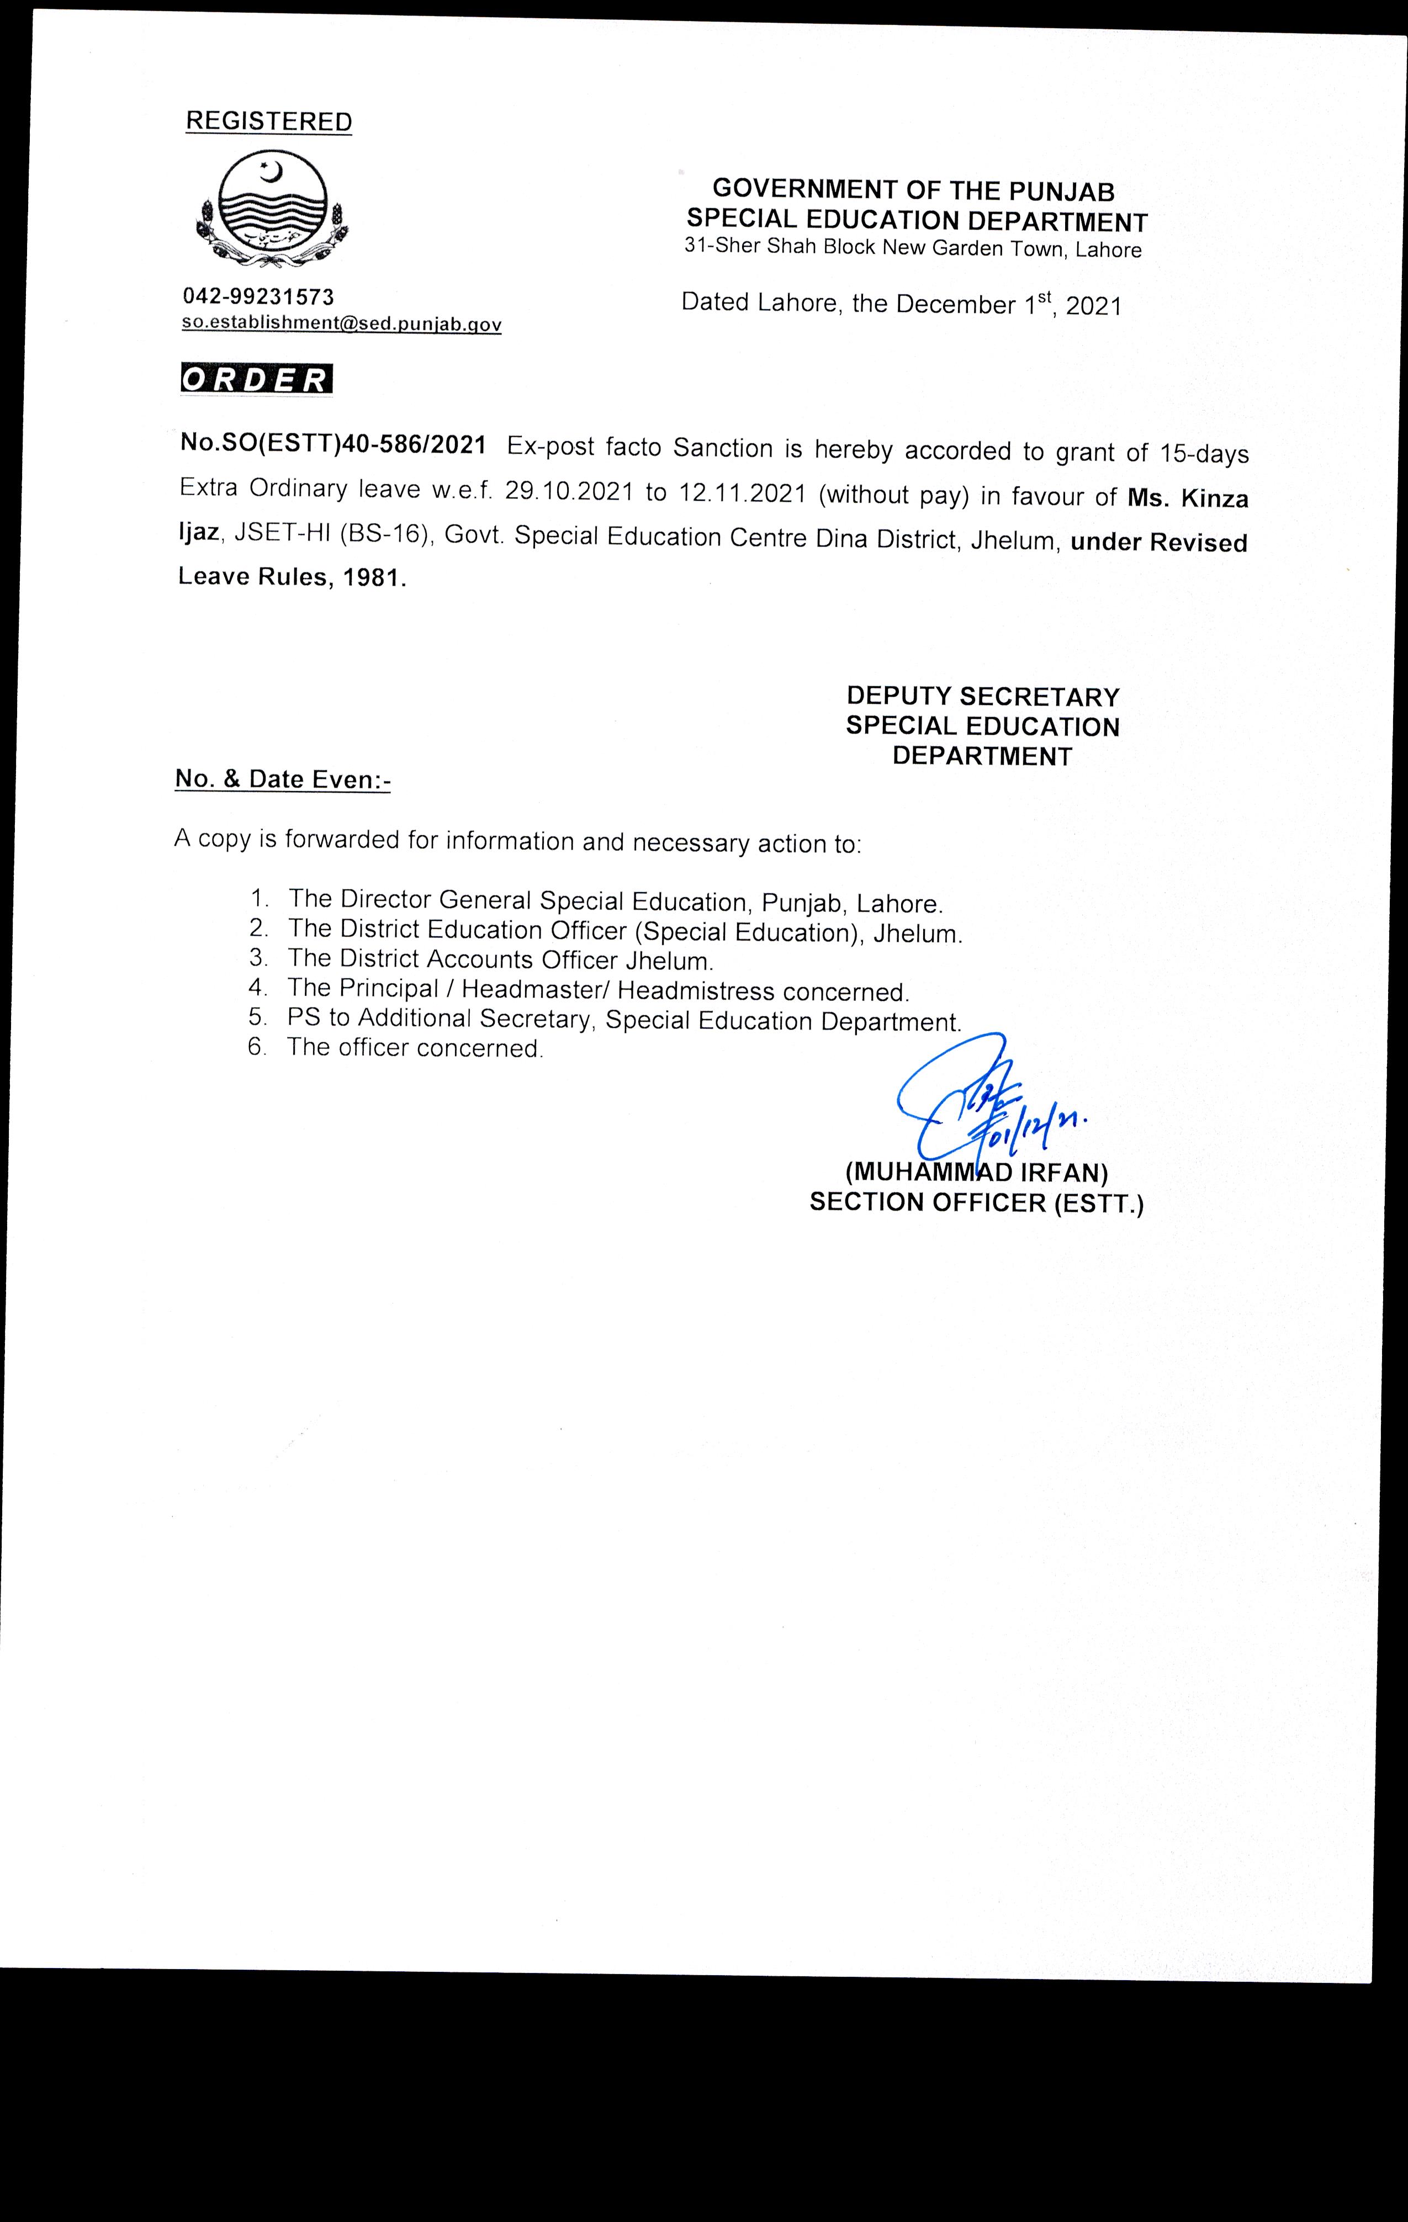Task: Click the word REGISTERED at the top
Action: click(x=268, y=122)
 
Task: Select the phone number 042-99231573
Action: click(x=258, y=296)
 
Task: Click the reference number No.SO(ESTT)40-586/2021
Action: click(x=332, y=446)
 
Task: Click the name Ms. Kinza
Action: click(x=1188, y=499)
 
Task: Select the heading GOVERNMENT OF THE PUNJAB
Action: click(x=913, y=191)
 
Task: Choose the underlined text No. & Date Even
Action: click(x=282, y=779)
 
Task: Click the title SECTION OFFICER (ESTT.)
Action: click(x=976, y=1203)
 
